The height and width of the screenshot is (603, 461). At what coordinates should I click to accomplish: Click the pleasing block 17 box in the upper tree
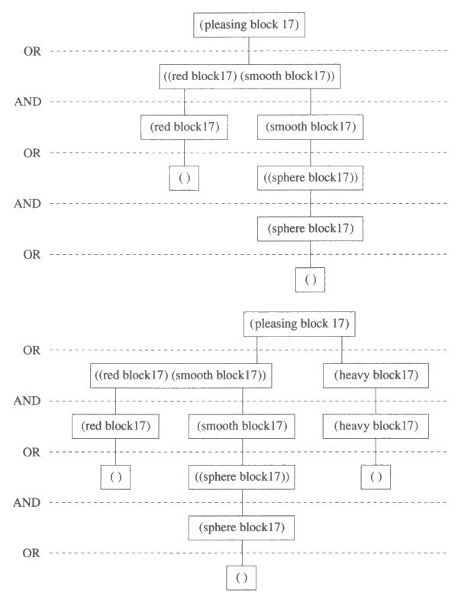250,25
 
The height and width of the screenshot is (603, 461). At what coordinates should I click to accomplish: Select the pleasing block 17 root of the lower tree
300,324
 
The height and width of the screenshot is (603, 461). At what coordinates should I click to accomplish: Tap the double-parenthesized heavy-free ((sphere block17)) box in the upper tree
310,178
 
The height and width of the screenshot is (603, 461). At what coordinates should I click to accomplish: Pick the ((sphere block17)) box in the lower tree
242,478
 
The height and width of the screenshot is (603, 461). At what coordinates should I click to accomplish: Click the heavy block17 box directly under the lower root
376,376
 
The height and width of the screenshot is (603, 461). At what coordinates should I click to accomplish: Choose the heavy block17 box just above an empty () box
376,426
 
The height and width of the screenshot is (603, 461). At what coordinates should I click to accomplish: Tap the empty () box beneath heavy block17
376,477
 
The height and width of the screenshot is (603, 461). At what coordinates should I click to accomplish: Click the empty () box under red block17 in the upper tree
184,178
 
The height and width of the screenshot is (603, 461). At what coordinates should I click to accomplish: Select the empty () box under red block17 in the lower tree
116,477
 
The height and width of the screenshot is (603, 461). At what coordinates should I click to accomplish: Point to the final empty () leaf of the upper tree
310,280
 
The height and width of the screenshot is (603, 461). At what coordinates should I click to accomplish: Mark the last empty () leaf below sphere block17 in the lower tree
242,578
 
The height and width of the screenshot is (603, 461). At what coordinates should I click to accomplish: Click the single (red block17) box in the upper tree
184,127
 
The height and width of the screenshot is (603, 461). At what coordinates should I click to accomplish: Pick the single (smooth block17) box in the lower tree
242,426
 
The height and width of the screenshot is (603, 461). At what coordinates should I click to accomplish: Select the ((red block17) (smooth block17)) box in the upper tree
250,76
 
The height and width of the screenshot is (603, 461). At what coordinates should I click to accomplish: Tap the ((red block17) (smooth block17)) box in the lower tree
180,376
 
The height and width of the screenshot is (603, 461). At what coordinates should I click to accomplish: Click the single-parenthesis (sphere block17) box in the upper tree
310,228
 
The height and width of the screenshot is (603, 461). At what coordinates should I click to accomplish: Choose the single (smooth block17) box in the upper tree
310,127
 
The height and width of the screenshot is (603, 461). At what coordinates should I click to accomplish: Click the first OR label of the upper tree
31,51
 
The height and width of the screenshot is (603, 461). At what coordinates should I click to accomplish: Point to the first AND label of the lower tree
27,401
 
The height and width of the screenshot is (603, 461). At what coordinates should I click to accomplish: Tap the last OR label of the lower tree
31,553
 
